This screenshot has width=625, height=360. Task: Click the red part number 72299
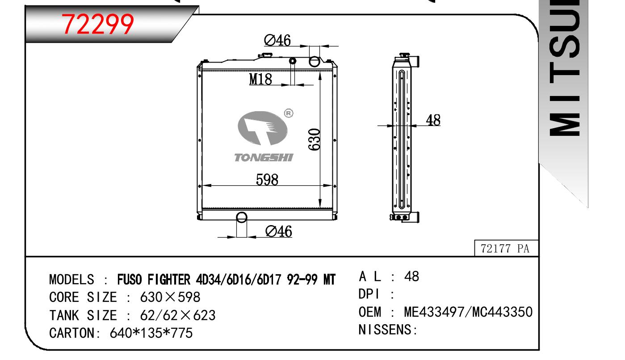click(x=98, y=24)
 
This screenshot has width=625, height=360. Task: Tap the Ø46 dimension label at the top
click(x=277, y=41)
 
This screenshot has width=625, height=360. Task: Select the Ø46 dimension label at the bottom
click(x=279, y=231)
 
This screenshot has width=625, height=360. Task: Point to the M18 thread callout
click(x=260, y=79)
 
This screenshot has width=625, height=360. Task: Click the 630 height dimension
click(x=314, y=139)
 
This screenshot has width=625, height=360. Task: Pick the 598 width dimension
click(x=267, y=180)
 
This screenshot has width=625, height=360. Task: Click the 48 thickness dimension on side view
click(x=433, y=120)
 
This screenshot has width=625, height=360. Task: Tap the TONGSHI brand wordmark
click(x=264, y=158)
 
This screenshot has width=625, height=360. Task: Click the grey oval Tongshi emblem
click(x=263, y=128)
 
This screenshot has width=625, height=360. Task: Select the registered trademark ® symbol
click(x=289, y=113)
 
